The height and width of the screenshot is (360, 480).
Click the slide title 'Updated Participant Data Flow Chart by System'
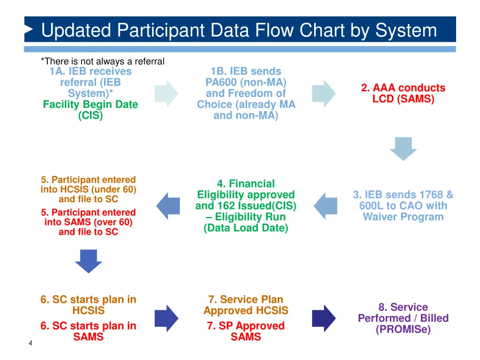point(239,30)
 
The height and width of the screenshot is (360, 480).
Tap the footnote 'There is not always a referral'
point(103,61)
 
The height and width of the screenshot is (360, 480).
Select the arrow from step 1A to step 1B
point(166,93)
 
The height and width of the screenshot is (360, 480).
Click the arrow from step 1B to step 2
point(323,93)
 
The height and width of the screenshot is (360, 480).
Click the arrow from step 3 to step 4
point(325,206)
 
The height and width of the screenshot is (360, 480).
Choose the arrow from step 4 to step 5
point(168,206)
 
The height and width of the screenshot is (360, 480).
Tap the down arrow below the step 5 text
point(89,261)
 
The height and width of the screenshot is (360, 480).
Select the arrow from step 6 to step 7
point(166,318)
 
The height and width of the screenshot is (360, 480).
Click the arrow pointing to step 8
point(323,318)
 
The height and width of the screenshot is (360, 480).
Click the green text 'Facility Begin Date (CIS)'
point(90,110)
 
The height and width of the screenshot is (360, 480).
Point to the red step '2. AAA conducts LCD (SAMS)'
point(403,93)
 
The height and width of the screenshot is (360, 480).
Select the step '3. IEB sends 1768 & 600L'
point(403,206)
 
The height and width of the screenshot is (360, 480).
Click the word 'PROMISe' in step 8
point(403,330)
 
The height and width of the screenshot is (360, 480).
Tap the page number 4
point(30,344)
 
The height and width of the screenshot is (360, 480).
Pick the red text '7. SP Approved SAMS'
point(246,331)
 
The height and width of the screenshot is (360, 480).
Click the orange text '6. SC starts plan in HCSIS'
point(89,305)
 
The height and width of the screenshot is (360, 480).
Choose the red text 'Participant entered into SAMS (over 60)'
point(89,222)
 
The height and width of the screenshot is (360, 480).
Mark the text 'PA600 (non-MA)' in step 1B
point(246,82)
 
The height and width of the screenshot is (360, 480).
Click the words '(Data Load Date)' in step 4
point(246,228)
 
